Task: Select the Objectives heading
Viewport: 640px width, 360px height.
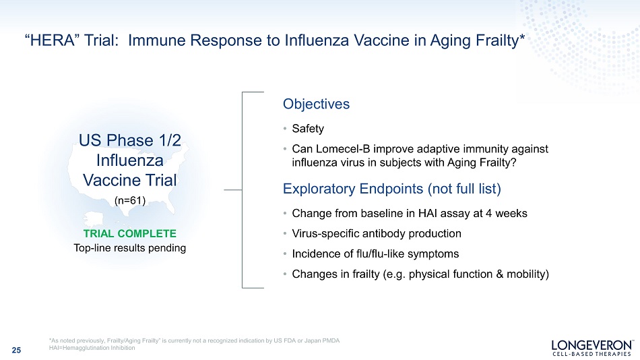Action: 317,104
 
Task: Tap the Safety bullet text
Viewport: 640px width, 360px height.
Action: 308,129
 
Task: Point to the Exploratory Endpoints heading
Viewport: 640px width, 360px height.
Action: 392,189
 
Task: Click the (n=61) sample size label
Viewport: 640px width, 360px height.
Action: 130,201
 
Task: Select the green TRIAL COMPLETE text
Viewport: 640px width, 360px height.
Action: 130,234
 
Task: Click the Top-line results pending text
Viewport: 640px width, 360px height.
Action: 130,248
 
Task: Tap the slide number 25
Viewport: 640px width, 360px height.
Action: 16,350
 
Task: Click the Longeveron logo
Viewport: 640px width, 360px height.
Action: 592,347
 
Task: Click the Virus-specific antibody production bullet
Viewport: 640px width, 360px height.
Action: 377,234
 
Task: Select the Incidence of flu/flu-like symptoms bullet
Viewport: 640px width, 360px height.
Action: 375,254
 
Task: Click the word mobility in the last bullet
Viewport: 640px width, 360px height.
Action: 527,274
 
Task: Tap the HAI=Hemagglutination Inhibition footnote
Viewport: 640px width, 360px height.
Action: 92,348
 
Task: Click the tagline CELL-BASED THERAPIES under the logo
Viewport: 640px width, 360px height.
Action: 592,354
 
